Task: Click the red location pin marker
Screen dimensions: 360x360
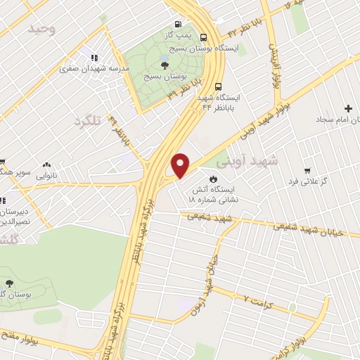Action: coord(181,165)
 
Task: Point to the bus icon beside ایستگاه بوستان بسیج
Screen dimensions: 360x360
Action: coord(203,39)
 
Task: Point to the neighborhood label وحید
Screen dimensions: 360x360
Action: coord(41,29)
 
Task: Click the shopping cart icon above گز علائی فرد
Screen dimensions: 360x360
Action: coord(307,171)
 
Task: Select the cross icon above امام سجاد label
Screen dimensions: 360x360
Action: coord(348,108)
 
